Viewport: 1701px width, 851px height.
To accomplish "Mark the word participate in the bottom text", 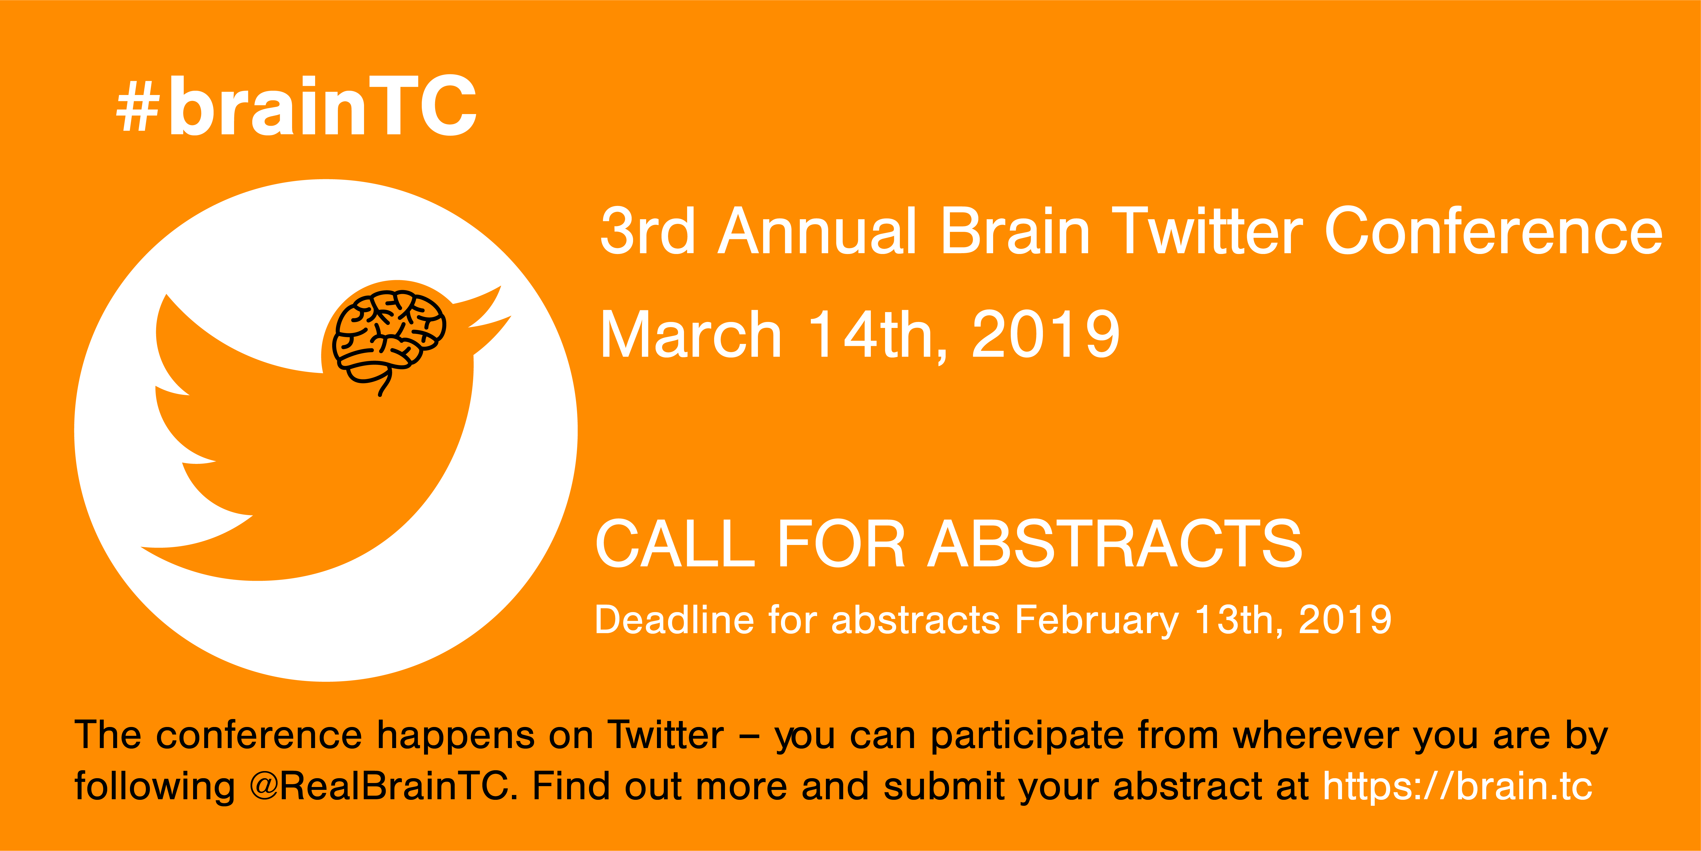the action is point(1027,736).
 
